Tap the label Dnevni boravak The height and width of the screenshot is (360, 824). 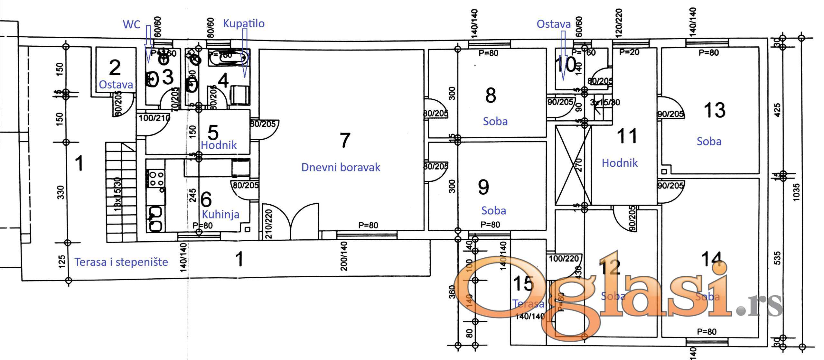point(341,167)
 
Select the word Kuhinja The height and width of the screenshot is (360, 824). point(220,214)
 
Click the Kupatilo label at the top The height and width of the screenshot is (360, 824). point(244,23)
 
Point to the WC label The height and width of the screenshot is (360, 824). point(132,24)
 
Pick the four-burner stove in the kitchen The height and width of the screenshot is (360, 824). point(156,179)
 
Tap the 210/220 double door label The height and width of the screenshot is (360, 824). point(269,224)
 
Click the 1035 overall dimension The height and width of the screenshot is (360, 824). point(796,192)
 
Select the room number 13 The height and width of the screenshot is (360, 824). point(715,110)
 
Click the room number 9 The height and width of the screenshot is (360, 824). point(483,187)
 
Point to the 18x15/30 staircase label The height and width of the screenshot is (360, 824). point(117,194)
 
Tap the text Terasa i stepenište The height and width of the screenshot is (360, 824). point(121,262)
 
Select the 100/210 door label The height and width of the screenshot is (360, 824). point(154,118)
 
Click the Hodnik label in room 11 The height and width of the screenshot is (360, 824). point(620,163)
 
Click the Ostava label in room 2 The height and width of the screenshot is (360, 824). point(116,85)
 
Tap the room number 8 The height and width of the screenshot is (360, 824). point(491,95)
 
